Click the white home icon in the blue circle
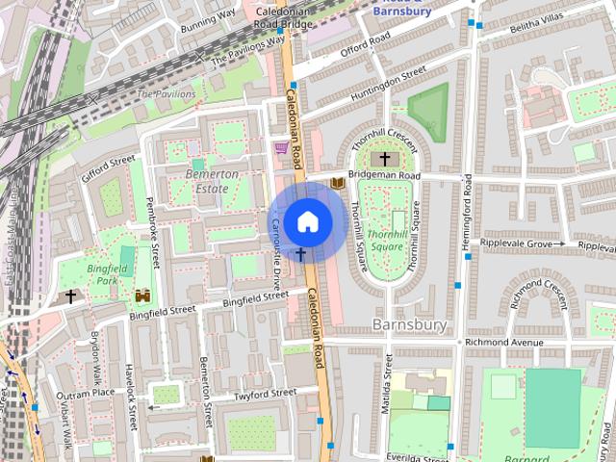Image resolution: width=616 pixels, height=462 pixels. [x=307, y=221]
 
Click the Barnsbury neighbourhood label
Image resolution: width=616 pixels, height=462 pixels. [x=409, y=324]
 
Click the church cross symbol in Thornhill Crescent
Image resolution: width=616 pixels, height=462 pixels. [x=385, y=158]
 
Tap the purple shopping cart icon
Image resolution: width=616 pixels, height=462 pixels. [x=280, y=148]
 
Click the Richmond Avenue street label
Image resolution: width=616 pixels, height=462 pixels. [x=503, y=342]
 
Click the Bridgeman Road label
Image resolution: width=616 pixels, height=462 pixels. [x=384, y=177]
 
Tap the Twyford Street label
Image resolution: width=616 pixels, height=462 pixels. [x=266, y=395]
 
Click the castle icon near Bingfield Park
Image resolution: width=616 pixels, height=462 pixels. [x=143, y=295]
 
